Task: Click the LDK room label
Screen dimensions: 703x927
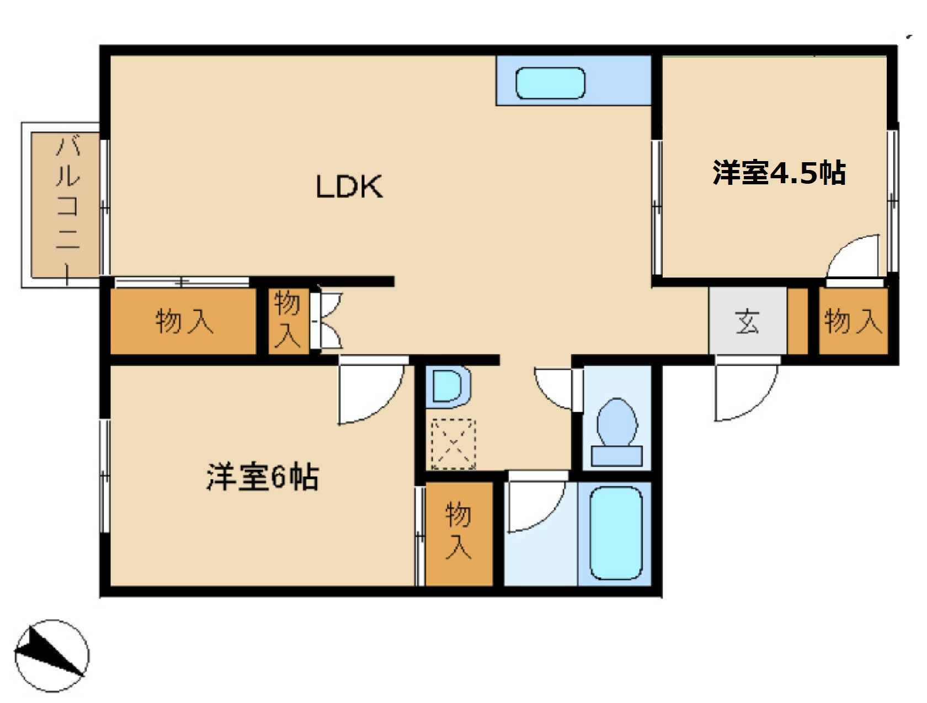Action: [349, 187]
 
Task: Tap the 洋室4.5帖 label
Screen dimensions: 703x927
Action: [779, 173]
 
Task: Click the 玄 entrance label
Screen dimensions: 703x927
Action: [747, 321]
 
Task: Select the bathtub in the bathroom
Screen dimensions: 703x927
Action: [616, 533]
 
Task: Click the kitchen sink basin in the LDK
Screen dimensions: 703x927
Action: [550, 83]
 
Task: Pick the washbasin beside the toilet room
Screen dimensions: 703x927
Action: [448, 386]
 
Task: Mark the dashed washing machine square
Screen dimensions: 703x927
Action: [453, 444]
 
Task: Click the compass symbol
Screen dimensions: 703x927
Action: [52, 655]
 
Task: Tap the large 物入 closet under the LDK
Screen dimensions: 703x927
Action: [183, 321]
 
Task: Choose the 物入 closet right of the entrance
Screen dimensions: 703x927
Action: [853, 321]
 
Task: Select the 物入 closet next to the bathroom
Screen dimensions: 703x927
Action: [459, 532]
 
